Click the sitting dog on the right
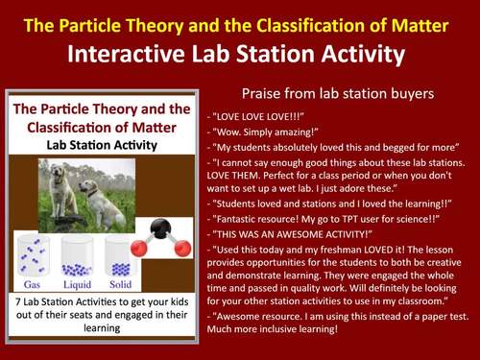107,204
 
